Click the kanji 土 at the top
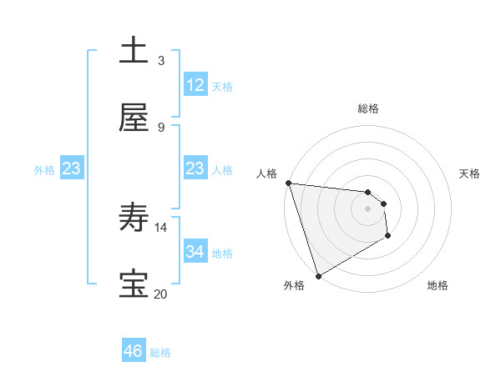coord(134,52)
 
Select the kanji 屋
coord(134,118)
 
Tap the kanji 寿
coord(134,219)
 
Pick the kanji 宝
coord(134,285)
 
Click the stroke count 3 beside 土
coord(161,60)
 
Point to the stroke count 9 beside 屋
coord(161,127)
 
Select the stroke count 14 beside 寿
coord(161,227)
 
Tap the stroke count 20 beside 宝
coord(161,294)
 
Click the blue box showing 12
coord(195,85)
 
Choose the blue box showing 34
coord(195,252)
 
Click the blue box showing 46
coord(134,351)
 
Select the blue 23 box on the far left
coord(71,168)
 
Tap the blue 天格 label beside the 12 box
coord(222,87)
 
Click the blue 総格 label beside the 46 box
coord(160,353)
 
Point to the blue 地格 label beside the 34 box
coord(222,254)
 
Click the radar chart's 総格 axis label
coord(367,108)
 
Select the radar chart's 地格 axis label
coord(438,285)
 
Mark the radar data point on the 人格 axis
coord(288,183)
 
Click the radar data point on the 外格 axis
coord(317,275)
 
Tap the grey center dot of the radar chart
coord(367,209)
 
